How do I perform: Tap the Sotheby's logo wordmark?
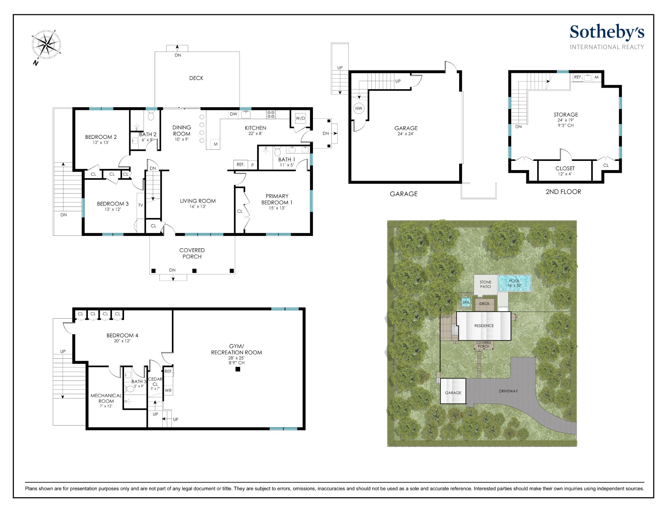[607, 32]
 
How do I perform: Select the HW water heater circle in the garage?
[359, 108]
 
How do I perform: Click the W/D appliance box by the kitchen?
[300, 118]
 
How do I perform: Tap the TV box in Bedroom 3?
[140, 205]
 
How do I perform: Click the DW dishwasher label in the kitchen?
[233, 114]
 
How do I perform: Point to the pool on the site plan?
[514, 283]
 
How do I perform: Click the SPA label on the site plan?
[466, 303]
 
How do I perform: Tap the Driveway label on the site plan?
[508, 391]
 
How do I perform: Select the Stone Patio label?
[485, 284]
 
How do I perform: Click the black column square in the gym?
[238, 369]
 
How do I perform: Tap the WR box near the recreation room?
[168, 390]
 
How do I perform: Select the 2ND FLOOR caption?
[563, 192]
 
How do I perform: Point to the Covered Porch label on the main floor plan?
[192, 253]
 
